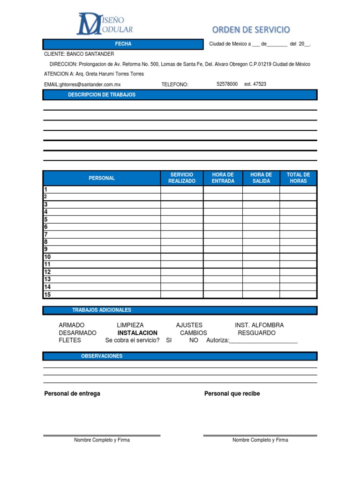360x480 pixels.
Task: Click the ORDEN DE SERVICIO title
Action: (x=251, y=30)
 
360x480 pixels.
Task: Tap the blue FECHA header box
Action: (x=123, y=44)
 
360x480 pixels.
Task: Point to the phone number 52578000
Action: (x=227, y=84)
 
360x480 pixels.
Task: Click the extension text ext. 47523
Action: (x=255, y=84)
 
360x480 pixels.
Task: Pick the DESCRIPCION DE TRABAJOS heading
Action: (x=102, y=95)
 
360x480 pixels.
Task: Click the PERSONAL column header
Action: (x=102, y=178)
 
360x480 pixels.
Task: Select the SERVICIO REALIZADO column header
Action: (x=182, y=178)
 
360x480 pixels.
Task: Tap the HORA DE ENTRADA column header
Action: (x=223, y=178)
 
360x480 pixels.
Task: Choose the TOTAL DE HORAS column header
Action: (x=298, y=178)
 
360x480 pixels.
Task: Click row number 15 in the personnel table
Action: (x=47, y=295)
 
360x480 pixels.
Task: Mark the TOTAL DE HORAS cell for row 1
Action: (x=298, y=190)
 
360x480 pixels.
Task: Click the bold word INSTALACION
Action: (x=137, y=333)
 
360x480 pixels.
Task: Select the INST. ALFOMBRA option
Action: (x=259, y=325)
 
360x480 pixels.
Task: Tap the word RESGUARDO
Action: (x=256, y=333)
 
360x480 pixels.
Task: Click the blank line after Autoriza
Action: (x=263, y=341)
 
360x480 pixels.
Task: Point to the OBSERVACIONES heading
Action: (x=102, y=356)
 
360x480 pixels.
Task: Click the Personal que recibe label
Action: (x=232, y=394)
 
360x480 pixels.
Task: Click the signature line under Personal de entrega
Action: (x=102, y=435)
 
